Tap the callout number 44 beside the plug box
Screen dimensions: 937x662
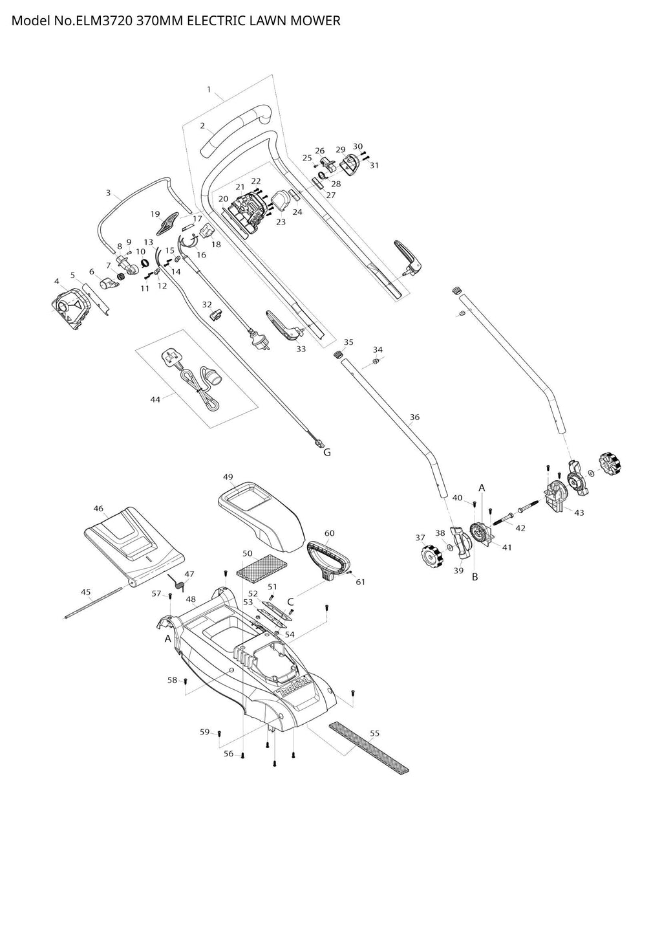pyautogui.click(x=155, y=399)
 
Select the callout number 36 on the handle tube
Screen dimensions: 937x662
pyautogui.click(x=414, y=417)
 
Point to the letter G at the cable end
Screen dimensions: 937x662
pyautogui.click(x=327, y=452)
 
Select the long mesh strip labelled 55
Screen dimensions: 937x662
pyautogui.click(x=368, y=749)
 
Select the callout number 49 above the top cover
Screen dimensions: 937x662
pyautogui.click(x=228, y=477)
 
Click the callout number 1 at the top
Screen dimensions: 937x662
pyautogui.click(x=209, y=89)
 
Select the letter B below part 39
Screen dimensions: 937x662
pyautogui.click(x=475, y=577)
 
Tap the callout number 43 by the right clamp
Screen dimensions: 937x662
pyautogui.click(x=579, y=513)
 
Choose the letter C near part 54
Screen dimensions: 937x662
pyautogui.click(x=290, y=601)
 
